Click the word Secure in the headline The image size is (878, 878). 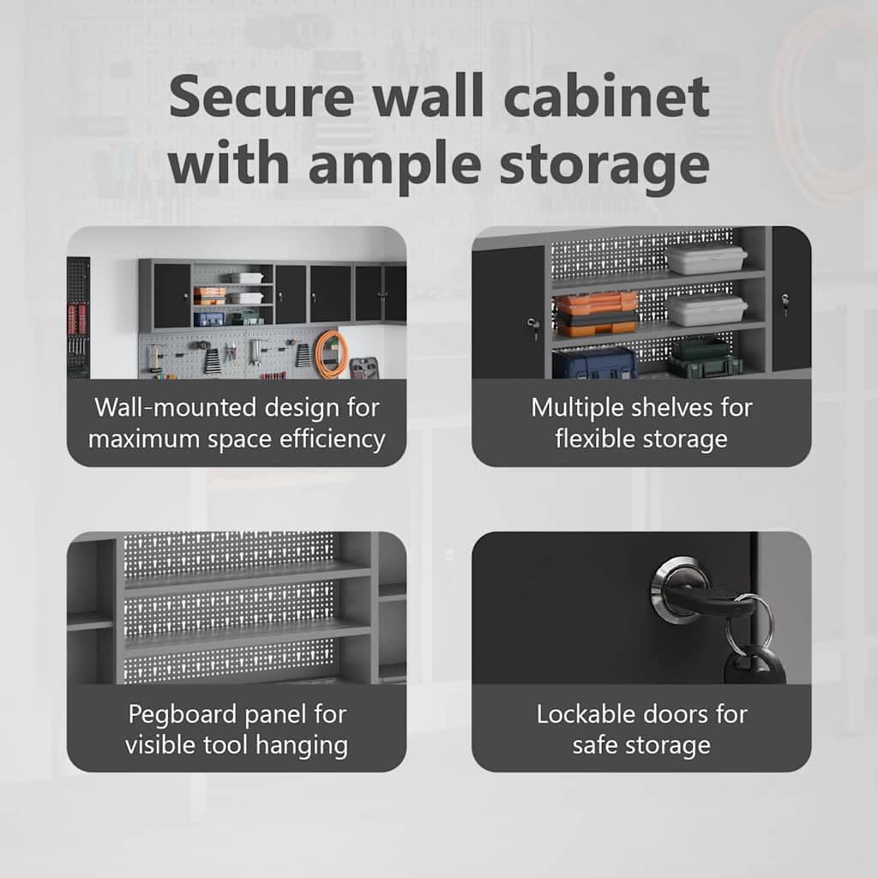click(x=262, y=96)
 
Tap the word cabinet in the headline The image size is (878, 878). click(x=606, y=95)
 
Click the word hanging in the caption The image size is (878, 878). click(x=302, y=745)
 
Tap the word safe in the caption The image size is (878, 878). click(x=595, y=745)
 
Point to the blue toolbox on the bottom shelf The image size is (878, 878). click(x=595, y=363)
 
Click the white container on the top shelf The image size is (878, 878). click(x=706, y=259)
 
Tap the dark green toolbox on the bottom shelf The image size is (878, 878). click(x=706, y=358)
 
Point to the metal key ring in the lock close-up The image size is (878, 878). click(x=749, y=622)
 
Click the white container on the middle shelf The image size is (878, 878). click(x=707, y=310)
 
